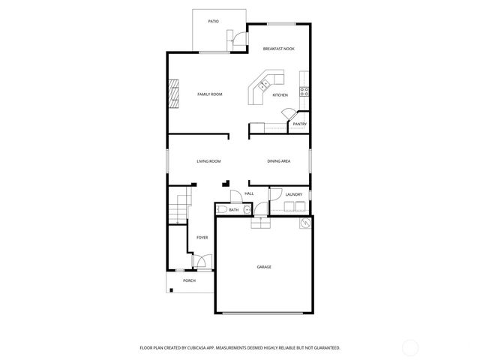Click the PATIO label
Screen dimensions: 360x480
tap(213, 22)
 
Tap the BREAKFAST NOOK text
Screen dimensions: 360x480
tap(278, 49)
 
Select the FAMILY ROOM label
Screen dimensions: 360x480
tap(210, 94)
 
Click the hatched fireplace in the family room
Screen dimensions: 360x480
tap(173, 94)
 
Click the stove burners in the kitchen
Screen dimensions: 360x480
tap(304, 92)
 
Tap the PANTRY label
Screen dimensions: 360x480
tap(299, 124)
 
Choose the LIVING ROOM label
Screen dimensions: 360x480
tap(208, 161)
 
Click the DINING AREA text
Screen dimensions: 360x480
tap(279, 161)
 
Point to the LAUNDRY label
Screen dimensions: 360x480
tap(294, 195)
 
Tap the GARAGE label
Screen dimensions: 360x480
tap(264, 267)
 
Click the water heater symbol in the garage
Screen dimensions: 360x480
tap(305, 223)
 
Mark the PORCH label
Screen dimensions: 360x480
tap(189, 281)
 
